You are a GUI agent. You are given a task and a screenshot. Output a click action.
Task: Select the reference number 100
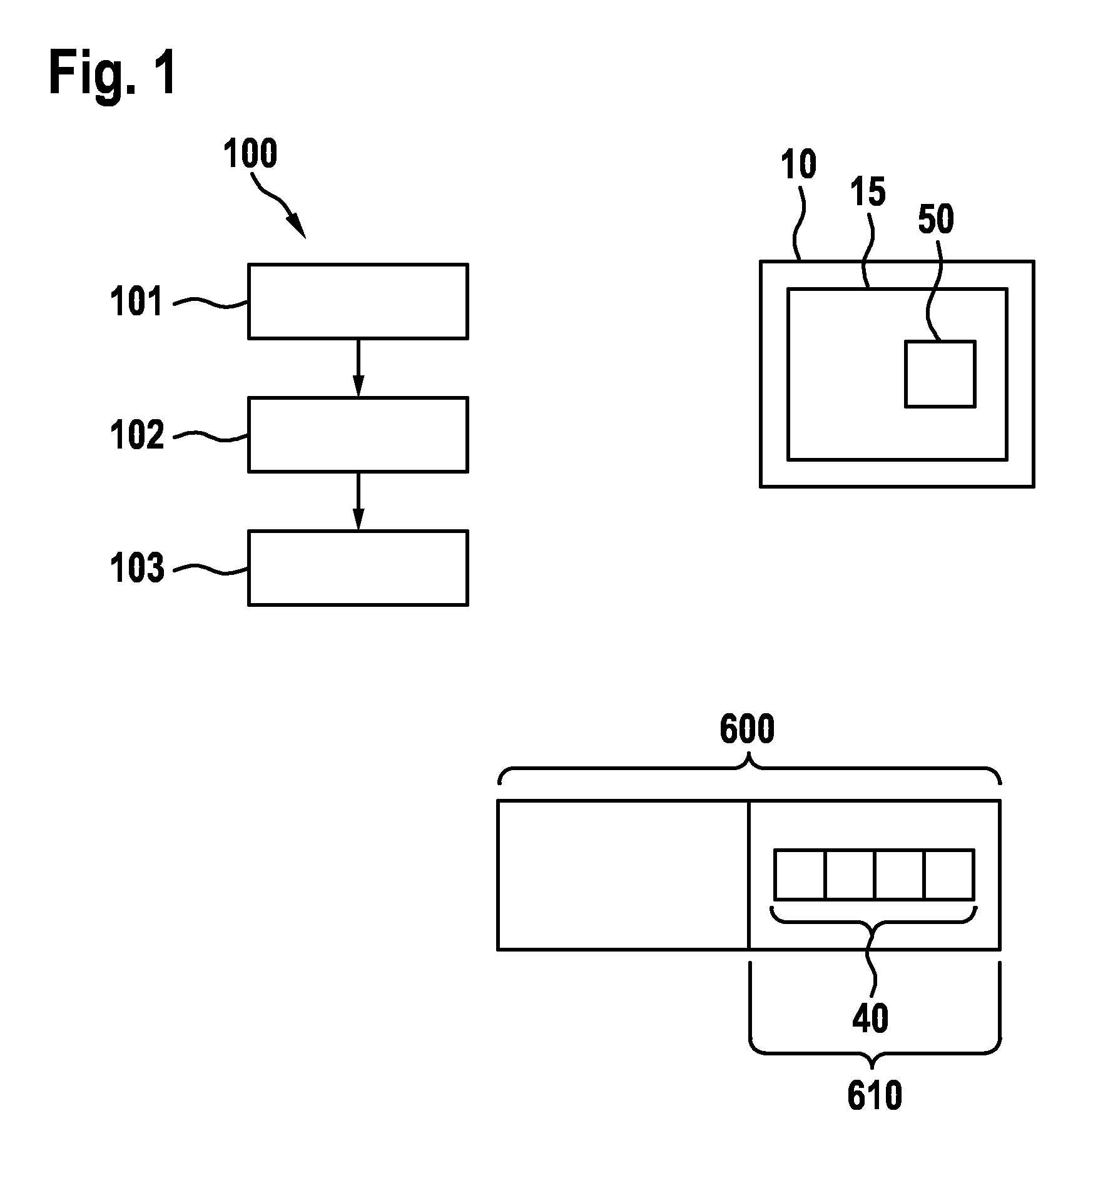pyautogui.click(x=250, y=154)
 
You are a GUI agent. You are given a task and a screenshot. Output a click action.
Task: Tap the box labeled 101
pyautogui.click(x=358, y=302)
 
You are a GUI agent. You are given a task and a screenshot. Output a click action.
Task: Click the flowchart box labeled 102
pyautogui.click(x=358, y=435)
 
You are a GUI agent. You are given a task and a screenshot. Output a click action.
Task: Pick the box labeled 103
pyautogui.click(x=358, y=568)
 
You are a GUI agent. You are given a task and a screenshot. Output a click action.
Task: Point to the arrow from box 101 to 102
pyautogui.click(x=358, y=368)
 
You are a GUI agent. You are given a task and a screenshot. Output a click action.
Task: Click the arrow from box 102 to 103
pyautogui.click(x=358, y=501)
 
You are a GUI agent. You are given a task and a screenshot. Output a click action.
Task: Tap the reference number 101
pyautogui.click(x=137, y=302)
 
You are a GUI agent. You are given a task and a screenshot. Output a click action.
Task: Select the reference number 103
pyautogui.click(x=137, y=568)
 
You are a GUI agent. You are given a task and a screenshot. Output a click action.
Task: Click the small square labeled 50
pyautogui.click(x=940, y=374)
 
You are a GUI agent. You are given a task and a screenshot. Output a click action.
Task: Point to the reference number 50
pyautogui.click(x=936, y=220)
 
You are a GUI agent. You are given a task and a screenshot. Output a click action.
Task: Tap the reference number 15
pyautogui.click(x=868, y=191)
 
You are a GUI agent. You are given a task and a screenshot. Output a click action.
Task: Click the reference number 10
pyautogui.click(x=799, y=165)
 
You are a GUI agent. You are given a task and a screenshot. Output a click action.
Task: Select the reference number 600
pyautogui.click(x=747, y=729)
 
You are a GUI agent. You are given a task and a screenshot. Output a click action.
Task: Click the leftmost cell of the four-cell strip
pyautogui.click(x=800, y=875)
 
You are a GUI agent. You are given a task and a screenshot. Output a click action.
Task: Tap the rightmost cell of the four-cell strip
pyautogui.click(x=950, y=875)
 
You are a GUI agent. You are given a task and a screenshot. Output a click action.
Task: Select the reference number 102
pyautogui.click(x=137, y=435)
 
